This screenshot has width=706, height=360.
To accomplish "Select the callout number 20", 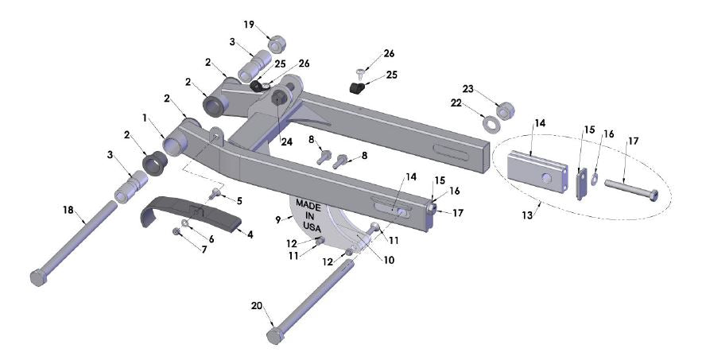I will pos(255,305).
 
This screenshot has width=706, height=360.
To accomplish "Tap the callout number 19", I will pos(250,25).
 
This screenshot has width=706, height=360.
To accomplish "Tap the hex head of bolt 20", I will pos(275,335).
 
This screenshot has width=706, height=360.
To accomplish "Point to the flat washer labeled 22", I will pos(491,123).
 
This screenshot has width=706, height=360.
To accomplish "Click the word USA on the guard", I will pos(310,227).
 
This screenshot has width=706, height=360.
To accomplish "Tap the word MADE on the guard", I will pos(308,203).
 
